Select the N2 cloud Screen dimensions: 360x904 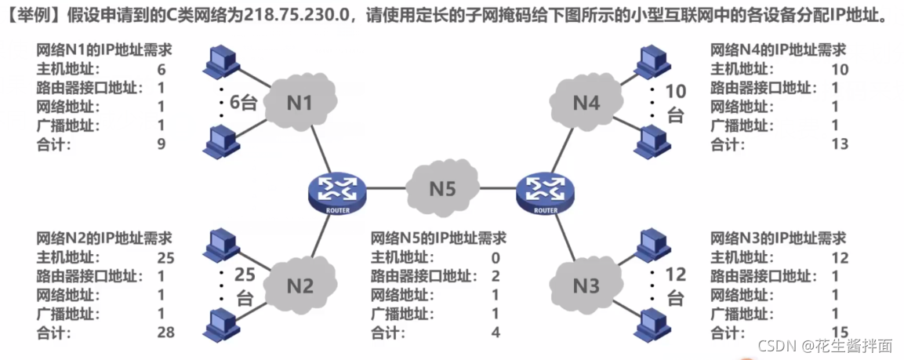[x=302, y=285]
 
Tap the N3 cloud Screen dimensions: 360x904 [x=586, y=285]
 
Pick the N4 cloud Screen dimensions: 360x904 [x=586, y=103]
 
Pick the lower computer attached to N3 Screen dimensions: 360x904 [x=649, y=322]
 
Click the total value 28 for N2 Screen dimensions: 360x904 [x=165, y=333]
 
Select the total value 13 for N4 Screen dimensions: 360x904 [x=840, y=144]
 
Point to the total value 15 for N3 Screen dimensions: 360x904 [x=840, y=333]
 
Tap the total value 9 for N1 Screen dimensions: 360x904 [x=161, y=144]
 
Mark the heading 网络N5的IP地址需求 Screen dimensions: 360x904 [x=437, y=238]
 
